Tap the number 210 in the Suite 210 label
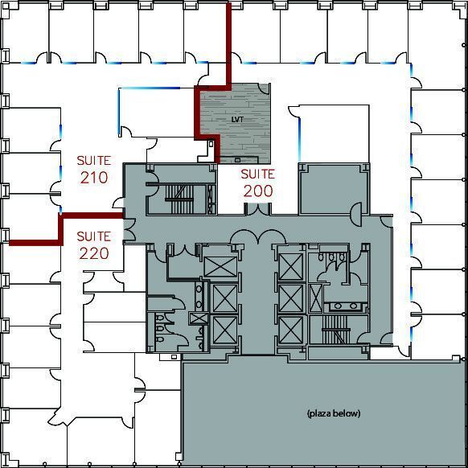pyautogui.click(x=94, y=178)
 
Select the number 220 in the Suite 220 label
pyautogui.click(x=94, y=254)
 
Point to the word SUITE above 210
pyautogui.click(x=94, y=160)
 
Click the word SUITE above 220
pyautogui.click(x=94, y=236)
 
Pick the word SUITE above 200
pyautogui.click(x=257, y=174)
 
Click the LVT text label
pyautogui.click(x=236, y=120)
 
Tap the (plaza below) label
pyautogui.click(x=333, y=413)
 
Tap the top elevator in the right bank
pyautogui.click(x=289, y=265)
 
